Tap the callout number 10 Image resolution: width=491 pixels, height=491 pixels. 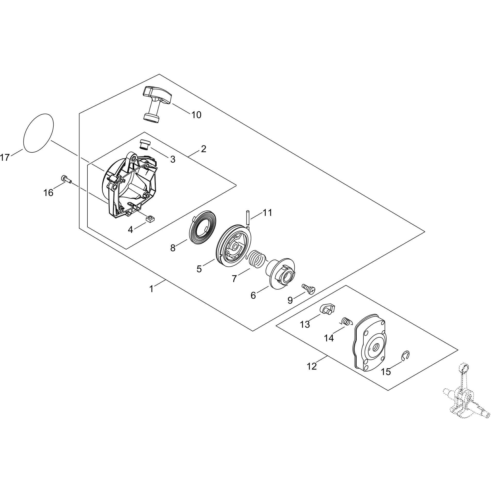click(x=196, y=115)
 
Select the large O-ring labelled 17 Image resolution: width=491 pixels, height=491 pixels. click(x=38, y=133)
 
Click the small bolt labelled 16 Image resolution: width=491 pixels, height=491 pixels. click(x=66, y=179)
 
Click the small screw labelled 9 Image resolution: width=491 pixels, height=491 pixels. click(x=309, y=289)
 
